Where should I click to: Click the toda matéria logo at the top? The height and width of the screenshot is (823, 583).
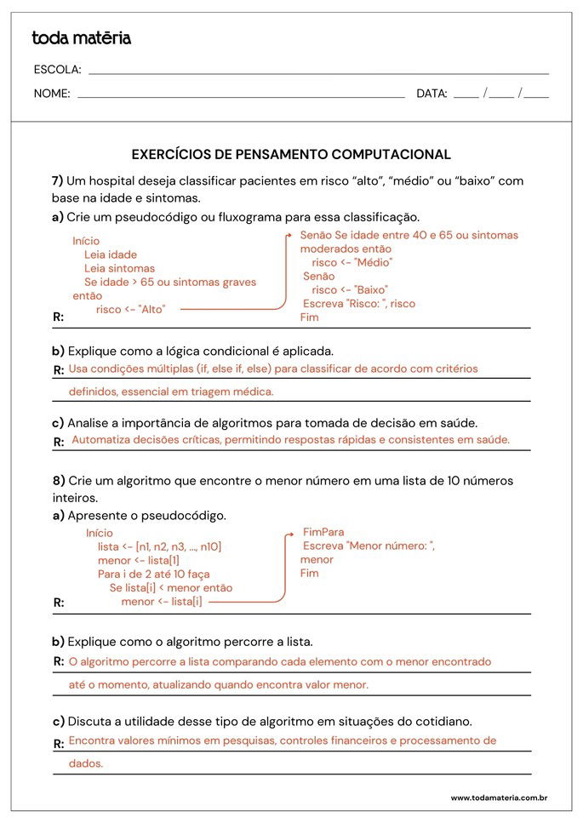pos(82,38)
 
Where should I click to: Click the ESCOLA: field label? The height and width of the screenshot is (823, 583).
pos(57,70)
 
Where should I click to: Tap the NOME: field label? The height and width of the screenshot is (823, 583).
pos(52,94)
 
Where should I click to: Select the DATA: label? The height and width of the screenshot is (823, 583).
pos(432,94)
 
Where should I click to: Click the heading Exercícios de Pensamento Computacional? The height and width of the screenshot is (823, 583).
pos(291,154)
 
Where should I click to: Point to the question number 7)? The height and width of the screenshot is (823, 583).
pos(58,181)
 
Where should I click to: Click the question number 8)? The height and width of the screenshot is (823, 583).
pos(58,481)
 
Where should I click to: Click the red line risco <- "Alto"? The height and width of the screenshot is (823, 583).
pos(130,310)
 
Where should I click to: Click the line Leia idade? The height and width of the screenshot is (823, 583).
pos(111,254)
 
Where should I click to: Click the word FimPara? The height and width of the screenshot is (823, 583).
pos(323,532)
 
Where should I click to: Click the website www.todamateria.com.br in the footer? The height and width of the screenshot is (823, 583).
pos(498,797)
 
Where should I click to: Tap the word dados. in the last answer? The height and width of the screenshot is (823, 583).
pos(86,764)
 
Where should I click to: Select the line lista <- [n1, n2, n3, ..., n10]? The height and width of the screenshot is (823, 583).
pos(159,547)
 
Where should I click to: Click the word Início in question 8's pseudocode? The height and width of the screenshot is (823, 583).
pos(100,533)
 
